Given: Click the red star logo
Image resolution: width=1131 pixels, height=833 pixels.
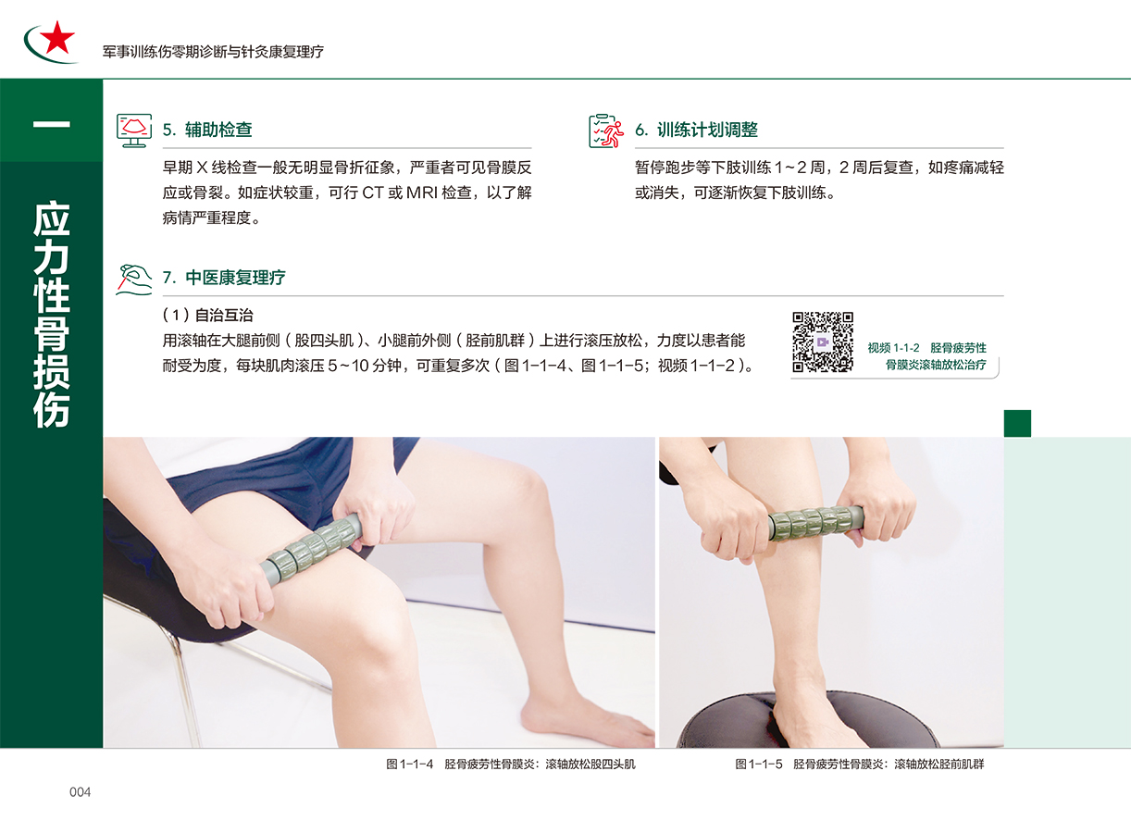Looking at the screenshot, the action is click(57, 37).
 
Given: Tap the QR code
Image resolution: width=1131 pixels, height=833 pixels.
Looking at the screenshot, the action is click(823, 342).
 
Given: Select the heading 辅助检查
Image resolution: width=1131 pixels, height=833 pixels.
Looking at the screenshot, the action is click(218, 130).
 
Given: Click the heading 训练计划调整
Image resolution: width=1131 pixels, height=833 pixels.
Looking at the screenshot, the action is click(707, 130).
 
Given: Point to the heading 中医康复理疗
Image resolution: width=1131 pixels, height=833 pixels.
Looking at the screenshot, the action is click(235, 277).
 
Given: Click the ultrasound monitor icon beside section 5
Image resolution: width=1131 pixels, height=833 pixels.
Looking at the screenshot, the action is click(134, 131).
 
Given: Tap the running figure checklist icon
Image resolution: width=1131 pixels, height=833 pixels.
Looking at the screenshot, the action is click(606, 131).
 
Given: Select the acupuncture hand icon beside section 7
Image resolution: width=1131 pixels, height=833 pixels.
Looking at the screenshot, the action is click(134, 280).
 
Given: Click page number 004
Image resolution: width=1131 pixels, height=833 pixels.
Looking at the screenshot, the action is click(80, 791).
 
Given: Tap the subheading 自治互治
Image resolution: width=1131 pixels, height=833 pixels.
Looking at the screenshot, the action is click(224, 315).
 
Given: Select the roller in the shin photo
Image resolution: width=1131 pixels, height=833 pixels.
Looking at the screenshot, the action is click(816, 523).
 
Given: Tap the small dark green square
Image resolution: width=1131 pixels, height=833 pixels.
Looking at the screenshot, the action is click(1017, 423).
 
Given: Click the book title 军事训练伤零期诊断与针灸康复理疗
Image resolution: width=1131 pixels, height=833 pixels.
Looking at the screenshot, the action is click(213, 52).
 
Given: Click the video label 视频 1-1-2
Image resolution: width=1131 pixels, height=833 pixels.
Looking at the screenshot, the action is click(893, 348).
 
